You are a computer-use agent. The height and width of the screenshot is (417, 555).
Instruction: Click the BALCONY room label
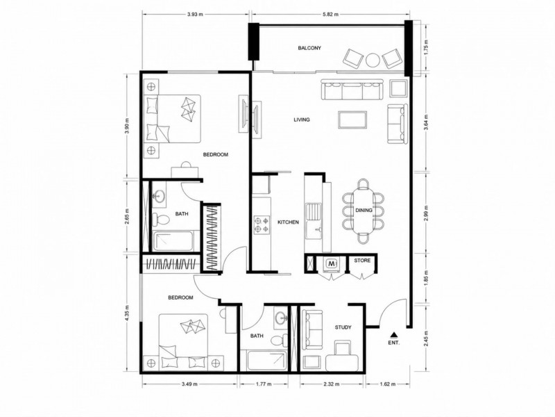point(309,48)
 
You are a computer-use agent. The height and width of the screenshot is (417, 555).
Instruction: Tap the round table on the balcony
point(373,60)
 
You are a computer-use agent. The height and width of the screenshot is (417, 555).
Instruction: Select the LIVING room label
point(302,120)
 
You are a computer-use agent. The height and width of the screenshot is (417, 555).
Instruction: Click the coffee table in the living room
point(352,120)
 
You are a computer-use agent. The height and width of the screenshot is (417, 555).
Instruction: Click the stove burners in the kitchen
point(262,224)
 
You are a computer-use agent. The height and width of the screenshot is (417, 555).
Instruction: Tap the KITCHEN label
point(288,222)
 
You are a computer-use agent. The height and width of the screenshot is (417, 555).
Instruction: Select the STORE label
point(362,260)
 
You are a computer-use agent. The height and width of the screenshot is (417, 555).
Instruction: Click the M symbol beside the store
point(332,263)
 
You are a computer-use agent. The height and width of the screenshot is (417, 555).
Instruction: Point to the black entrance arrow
point(393,334)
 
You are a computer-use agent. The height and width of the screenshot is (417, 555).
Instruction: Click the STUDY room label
point(343,327)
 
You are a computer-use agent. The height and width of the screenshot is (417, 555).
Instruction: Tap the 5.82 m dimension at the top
point(331,14)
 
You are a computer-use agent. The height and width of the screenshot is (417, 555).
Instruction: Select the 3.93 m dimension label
point(196,14)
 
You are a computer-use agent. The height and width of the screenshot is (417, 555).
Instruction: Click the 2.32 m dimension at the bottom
point(332,384)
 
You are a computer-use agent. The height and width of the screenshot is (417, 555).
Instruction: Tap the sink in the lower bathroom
point(281,318)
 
